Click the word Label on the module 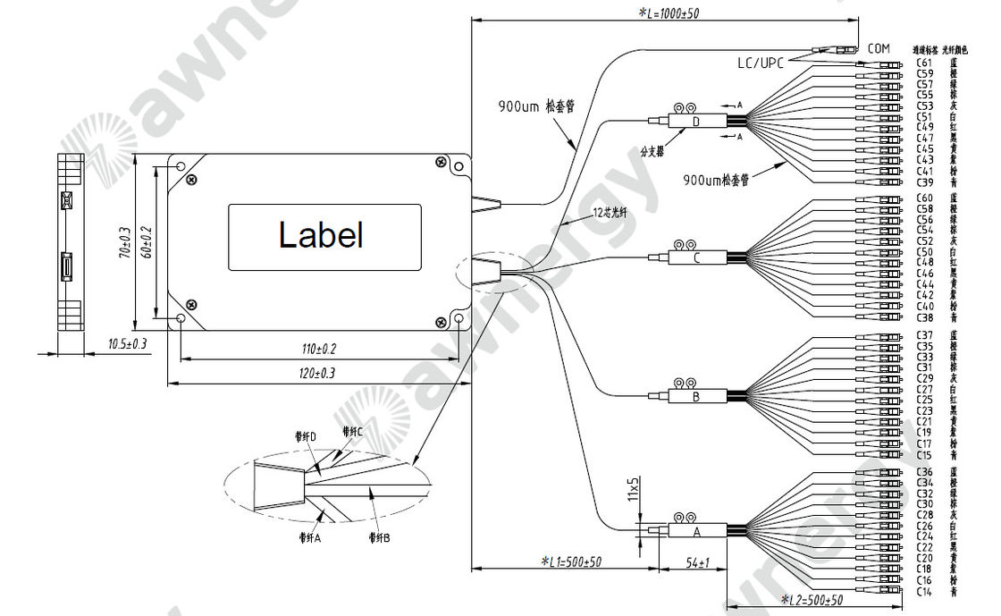321,235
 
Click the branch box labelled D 696,122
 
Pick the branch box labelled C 697,259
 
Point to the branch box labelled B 696,394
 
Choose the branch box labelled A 696,530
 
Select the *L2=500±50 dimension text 812,599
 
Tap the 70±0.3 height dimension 125,242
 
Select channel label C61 925,63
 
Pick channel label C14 925,591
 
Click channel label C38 925,317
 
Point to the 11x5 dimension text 633,492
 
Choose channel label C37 925,335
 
